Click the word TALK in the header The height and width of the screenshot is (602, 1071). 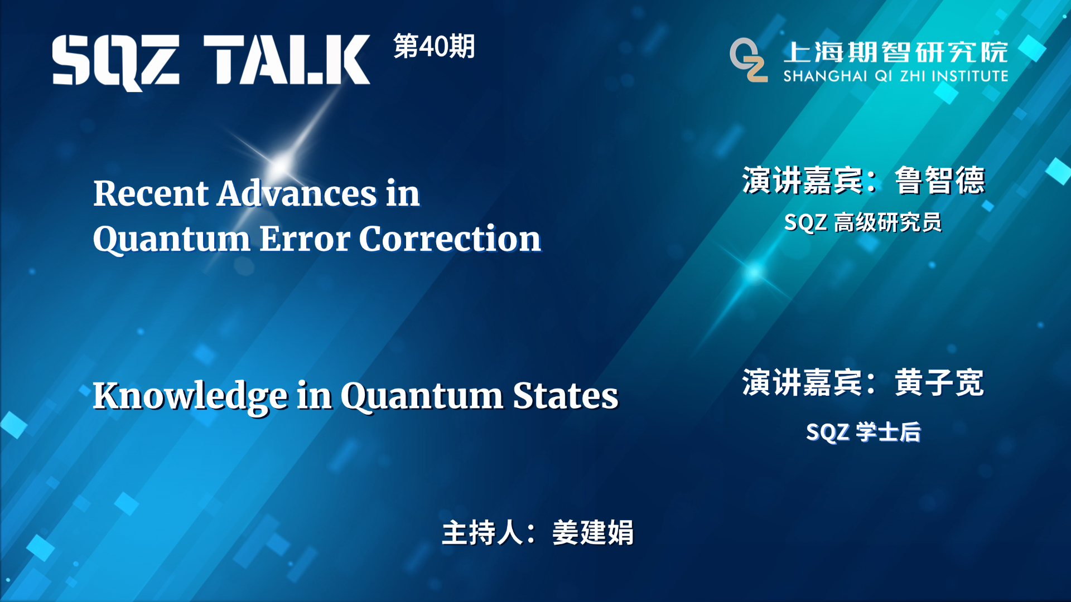click(286, 60)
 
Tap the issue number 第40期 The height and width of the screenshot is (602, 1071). click(434, 46)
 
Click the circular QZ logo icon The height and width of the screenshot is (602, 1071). click(748, 60)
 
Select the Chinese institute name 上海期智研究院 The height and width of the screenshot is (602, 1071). click(895, 52)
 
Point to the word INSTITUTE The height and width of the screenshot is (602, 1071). click(969, 76)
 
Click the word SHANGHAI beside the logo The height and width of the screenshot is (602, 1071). click(825, 76)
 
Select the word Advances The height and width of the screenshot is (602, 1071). click(297, 193)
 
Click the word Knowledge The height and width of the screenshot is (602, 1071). click(190, 396)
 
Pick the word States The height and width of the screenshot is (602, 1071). click(565, 396)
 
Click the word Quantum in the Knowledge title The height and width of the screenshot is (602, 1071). click(422, 397)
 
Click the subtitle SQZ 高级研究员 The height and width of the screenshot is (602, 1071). click(862, 222)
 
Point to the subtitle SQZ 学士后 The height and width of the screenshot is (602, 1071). click(863, 432)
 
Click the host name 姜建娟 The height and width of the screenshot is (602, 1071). click(592, 532)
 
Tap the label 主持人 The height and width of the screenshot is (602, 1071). click(482, 532)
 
